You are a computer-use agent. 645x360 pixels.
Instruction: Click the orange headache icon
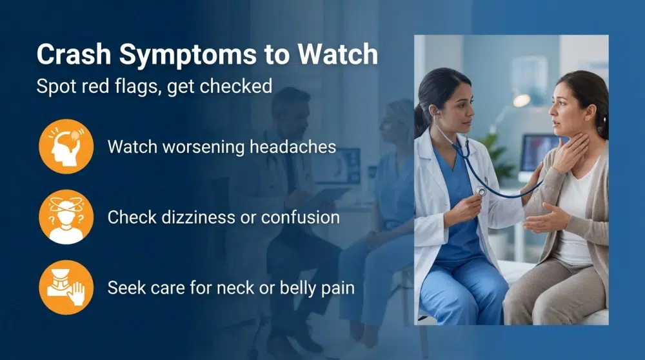(66, 146)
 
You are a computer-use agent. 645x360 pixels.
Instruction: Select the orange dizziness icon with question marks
(66, 217)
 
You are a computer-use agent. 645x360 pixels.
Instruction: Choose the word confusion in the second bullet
(300, 217)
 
